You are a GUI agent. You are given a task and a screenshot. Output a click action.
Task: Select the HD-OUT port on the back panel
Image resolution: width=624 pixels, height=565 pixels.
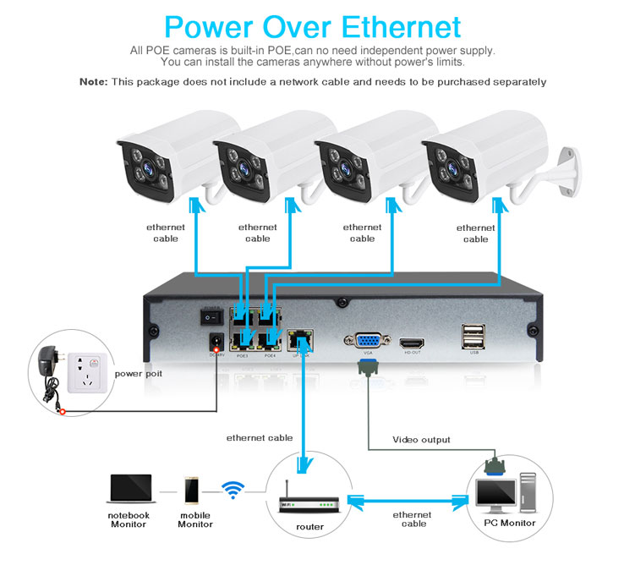point(412,342)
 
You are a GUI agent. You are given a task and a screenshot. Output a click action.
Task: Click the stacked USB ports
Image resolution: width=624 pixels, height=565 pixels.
point(473,337)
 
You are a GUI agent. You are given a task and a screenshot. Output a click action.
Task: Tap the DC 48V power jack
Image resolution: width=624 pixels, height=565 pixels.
point(216,343)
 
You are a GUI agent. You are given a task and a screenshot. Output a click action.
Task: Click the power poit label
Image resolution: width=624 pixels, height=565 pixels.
point(139,373)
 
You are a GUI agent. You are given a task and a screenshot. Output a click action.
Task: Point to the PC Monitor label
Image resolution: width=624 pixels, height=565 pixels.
point(509,523)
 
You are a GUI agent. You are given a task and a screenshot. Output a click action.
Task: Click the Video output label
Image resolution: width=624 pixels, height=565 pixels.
point(421,440)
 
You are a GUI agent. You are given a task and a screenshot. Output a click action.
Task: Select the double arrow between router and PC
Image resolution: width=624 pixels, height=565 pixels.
point(411,502)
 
